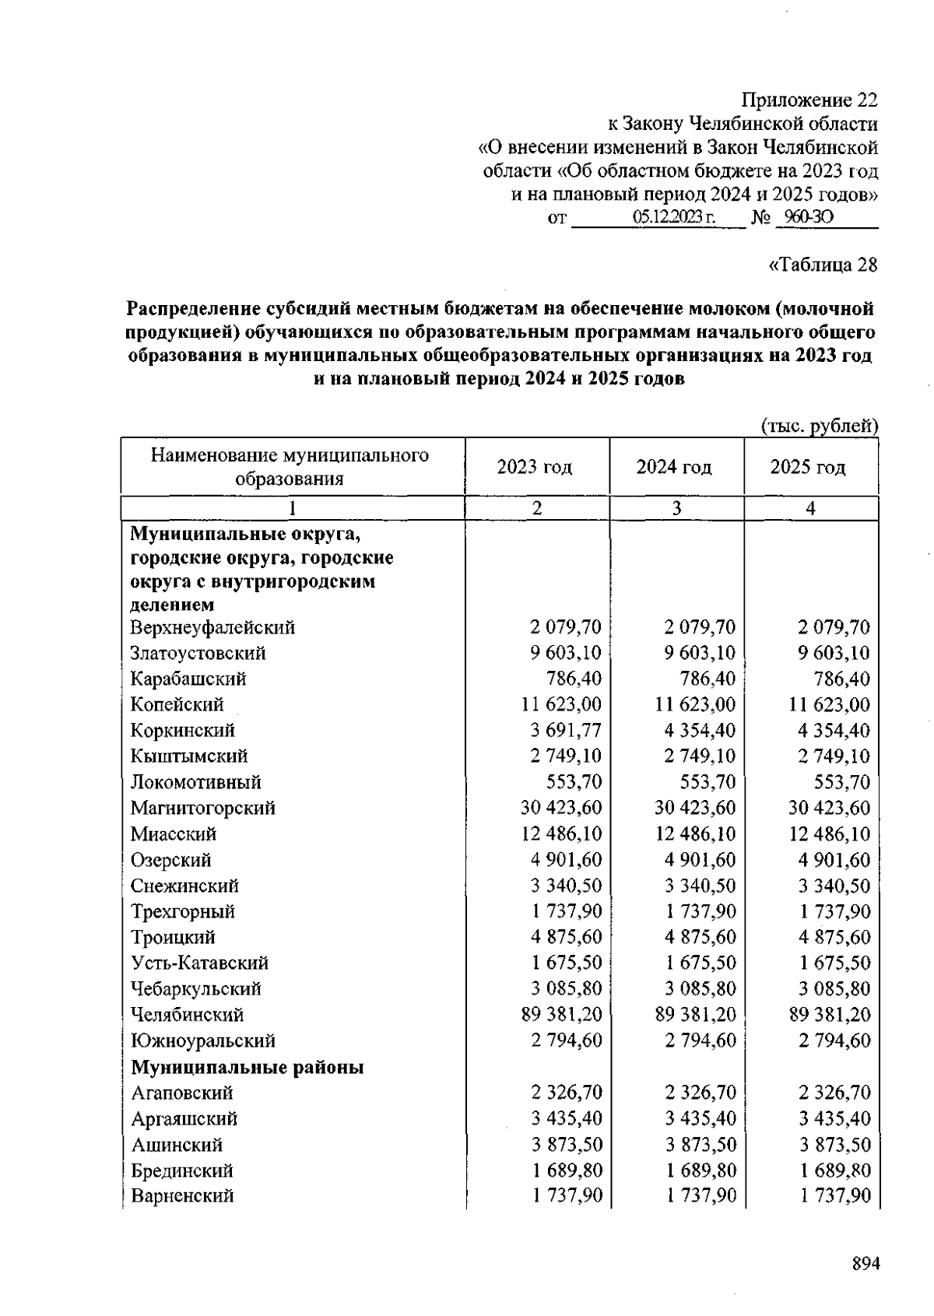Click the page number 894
pyautogui.click(x=865, y=1264)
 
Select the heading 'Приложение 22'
pyautogui.click(x=809, y=100)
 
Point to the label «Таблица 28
pyautogui.click(x=823, y=265)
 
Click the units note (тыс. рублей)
pyautogui.click(x=819, y=426)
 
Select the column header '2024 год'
pyautogui.click(x=674, y=467)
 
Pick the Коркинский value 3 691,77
pyautogui.click(x=561, y=730)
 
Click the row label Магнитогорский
pyautogui.click(x=202, y=808)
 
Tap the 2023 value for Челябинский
pyautogui.click(x=561, y=1015)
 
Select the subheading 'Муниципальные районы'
pyautogui.click(x=247, y=1067)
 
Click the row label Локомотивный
pyautogui.click(x=195, y=782)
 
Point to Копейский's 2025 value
pyautogui.click(x=829, y=704)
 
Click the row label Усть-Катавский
pyautogui.click(x=199, y=963)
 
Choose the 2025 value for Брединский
pyautogui.click(x=835, y=1170)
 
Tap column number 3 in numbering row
pyautogui.click(x=676, y=509)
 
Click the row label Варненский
pyautogui.click(x=182, y=1196)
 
